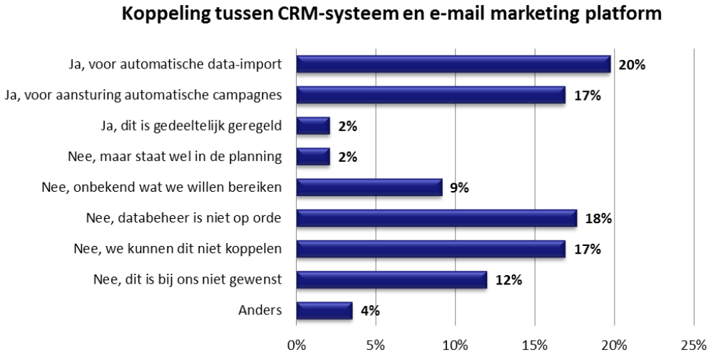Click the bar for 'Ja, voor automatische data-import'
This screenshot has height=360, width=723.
pyautogui.click(x=453, y=64)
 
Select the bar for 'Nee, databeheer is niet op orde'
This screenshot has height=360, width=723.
pyautogui.click(x=436, y=218)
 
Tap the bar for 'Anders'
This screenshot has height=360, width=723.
pyautogui.click(x=324, y=311)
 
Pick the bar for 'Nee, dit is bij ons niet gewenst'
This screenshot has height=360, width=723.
pyautogui.click(x=391, y=279)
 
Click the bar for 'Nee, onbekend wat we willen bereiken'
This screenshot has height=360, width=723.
pyautogui.click(x=369, y=187)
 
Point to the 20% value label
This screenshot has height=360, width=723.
pyautogui.click(x=632, y=65)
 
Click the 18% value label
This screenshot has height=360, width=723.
pyautogui.click(x=598, y=219)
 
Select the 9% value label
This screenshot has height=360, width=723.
pyautogui.click(x=458, y=188)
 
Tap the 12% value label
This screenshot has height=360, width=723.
pyautogui.click(x=508, y=280)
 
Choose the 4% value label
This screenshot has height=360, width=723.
pyautogui.click(x=369, y=312)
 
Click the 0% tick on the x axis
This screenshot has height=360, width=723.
pyautogui.click(x=296, y=346)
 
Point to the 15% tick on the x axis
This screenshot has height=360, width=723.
pyautogui.click(x=535, y=346)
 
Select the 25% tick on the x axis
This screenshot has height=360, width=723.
pyautogui.click(x=694, y=346)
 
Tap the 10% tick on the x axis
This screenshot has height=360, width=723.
pyautogui.click(x=455, y=346)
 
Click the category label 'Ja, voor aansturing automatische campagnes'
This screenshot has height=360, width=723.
pyautogui.click(x=143, y=95)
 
